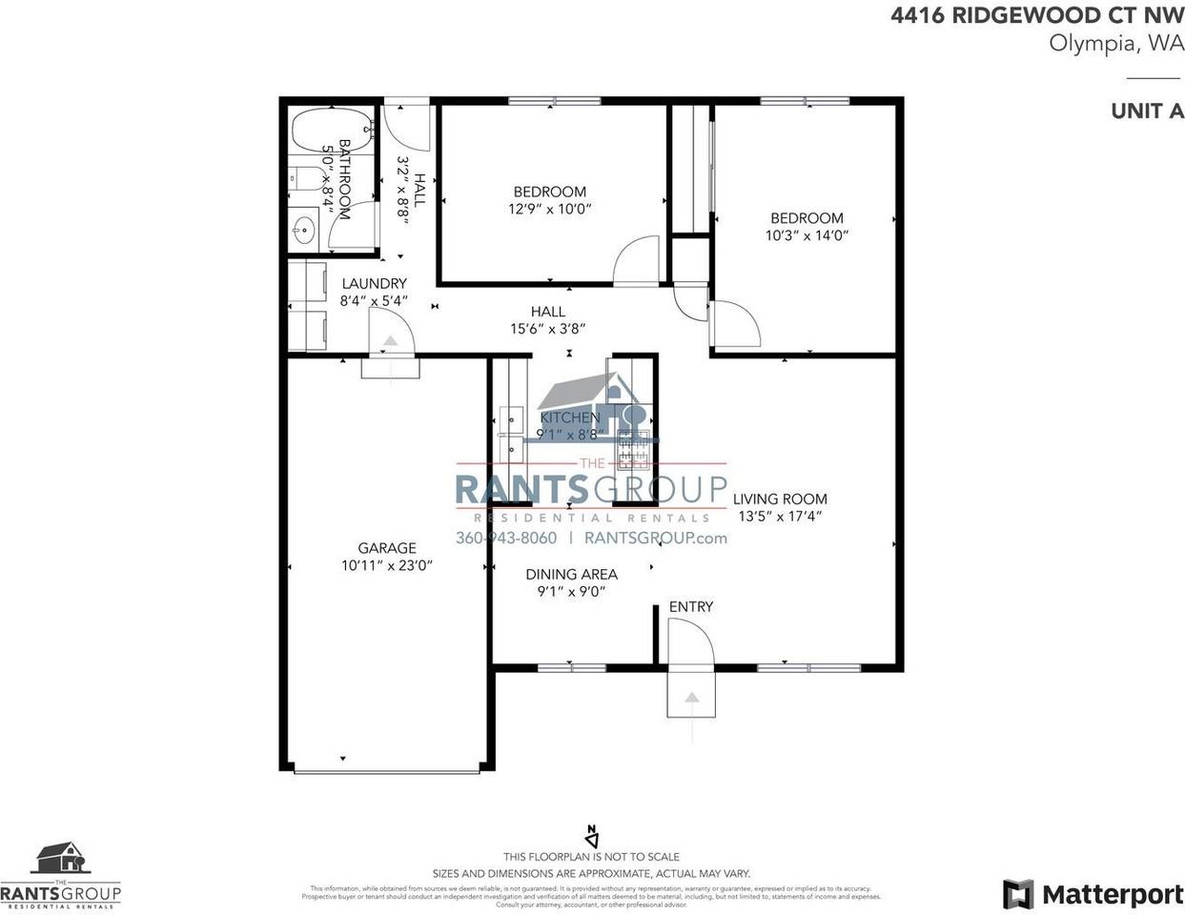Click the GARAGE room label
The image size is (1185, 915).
coord(386,548)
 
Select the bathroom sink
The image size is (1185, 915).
coord(304,230)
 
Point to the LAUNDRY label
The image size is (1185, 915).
coord(374,284)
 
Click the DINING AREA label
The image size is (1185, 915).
coord(571,575)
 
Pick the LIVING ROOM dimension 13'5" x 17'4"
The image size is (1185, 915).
coord(779,517)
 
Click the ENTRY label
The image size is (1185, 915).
coord(690,607)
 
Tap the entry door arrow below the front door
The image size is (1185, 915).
coord(691,698)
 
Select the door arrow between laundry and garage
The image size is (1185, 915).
coord(390,343)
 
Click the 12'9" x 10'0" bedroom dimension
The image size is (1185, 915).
coord(550,208)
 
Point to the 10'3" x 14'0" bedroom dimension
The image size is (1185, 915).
coord(807,234)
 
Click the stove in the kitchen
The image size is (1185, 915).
coord(633,450)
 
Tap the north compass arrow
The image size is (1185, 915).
coord(591,836)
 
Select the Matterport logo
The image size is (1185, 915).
coord(1093,894)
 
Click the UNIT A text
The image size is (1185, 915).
coord(1147,111)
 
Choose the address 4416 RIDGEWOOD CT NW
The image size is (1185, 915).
coord(1037,16)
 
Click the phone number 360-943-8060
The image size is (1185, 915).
coord(506,538)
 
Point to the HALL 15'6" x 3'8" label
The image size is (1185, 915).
coord(547,320)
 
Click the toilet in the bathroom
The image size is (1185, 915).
coord(302,178)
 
